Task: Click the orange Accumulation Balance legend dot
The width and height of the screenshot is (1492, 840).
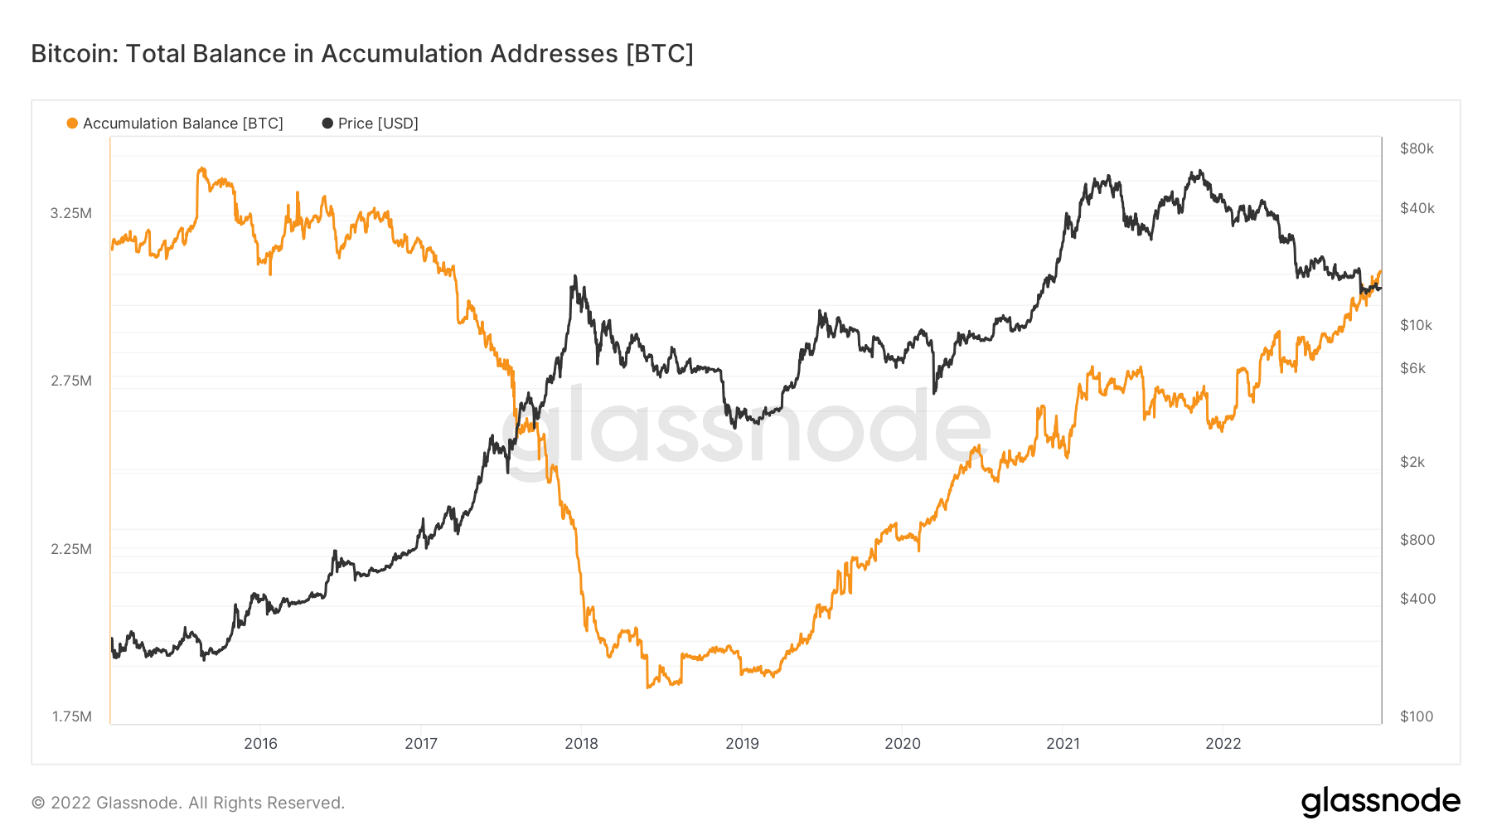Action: click(x=72, y=124)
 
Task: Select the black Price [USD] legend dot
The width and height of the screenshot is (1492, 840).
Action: click(x=327, y=124)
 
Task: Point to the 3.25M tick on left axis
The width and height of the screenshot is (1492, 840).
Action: click(x=71, y=213)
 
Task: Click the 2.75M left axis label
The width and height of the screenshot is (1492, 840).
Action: click(x=71, y=381)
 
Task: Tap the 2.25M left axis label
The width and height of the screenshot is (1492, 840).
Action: click(x=71, y=549)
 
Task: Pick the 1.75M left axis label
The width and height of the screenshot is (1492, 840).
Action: click(x=71, y=716)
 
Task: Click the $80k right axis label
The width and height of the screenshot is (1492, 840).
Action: click(x=1417, y=148)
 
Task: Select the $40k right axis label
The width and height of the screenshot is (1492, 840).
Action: click(x=1417, y=208)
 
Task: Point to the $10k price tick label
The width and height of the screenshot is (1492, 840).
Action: click(x=1416, y=325)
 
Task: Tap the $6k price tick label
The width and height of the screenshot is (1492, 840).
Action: click(x=1412, y=368)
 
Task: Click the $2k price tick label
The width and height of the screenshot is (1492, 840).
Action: click(x=1412, y=462)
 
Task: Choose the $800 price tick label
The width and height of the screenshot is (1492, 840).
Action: click(x=1417, y=540)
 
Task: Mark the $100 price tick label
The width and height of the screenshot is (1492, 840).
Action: click(x=1416, y=716)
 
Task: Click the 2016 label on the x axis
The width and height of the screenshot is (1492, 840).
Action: click(x=260, y=743)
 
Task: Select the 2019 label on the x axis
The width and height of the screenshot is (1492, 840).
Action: click(x=742, y=743)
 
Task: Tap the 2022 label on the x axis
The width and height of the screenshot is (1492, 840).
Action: click(x=1223, y=743)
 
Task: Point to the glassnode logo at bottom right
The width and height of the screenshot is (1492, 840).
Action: click(x=1380, y=802)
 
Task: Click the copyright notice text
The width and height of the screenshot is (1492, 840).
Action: click(x=188, y=803)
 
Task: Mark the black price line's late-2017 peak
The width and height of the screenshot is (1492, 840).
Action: click(x=575, y=277)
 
